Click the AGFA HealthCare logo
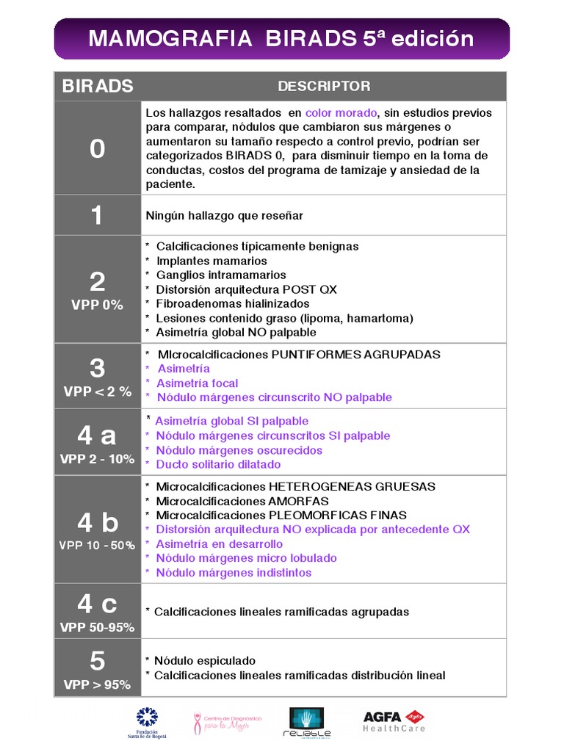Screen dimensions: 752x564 [x=394, y=721]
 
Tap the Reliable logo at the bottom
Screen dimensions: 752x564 [x=307, y=722]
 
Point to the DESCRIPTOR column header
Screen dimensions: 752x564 [x=324, y=87]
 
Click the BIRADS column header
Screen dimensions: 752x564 [x=98, y=87]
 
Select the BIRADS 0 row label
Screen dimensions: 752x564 [x=97, y=149]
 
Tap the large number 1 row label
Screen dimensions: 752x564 [x=97, y=215]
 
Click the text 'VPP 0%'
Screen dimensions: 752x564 [x=97, y=305]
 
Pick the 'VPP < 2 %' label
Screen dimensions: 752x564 [x=97, y=392]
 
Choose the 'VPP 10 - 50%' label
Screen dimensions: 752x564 [x=97, y=546]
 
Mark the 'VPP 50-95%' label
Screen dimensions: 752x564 [x=97, y=628]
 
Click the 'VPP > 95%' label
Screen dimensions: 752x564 [x=97, y=684]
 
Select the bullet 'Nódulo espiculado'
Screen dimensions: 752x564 [x=205, y=661]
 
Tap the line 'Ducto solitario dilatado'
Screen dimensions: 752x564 [x=218, y=464]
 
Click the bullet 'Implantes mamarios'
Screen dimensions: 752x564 [x=211, y=261]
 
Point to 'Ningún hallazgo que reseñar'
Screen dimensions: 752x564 [x=224, y=216]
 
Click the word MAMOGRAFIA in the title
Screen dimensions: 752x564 [x=159, y=39]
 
